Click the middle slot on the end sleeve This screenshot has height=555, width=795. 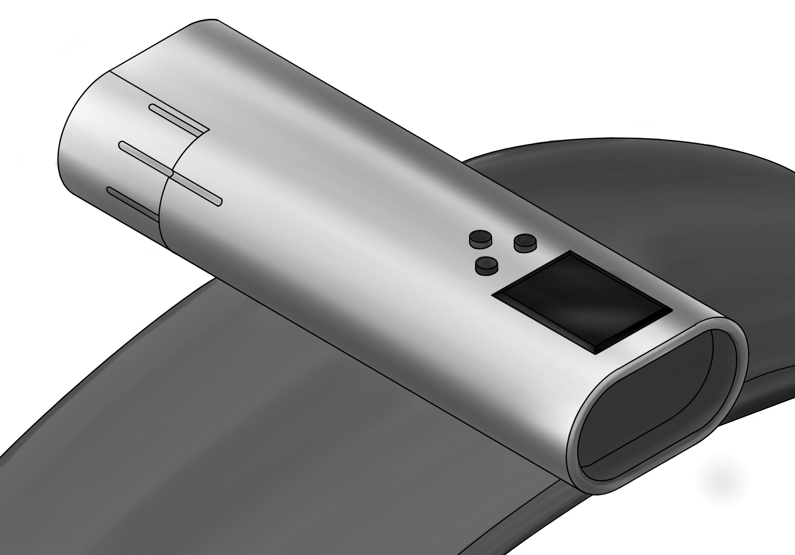(145, 159)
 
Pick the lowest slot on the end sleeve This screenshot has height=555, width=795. (133, 204)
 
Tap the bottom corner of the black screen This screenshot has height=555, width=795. (595, 354)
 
